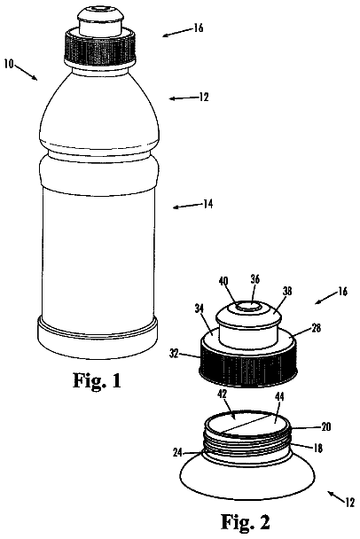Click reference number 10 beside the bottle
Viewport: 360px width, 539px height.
9,64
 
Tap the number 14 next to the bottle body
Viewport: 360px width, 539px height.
207,205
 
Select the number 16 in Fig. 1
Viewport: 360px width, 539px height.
199,27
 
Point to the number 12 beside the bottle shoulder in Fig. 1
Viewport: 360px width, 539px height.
204,98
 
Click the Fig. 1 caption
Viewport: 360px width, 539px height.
97,380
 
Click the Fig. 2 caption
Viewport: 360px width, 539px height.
246,522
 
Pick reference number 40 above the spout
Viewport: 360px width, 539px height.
223,281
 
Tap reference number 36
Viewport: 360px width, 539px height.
254,279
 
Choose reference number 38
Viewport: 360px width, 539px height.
287,292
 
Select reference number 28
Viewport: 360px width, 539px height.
316,328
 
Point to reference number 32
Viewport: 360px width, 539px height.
174,354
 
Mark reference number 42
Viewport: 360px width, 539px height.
223,394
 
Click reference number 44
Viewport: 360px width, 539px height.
279,397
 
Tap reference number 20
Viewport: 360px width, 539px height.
326,427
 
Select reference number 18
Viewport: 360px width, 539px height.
318,448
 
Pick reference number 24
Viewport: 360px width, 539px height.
177,453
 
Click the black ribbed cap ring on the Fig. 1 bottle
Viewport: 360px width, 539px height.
100,47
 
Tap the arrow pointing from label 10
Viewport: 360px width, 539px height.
26,72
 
